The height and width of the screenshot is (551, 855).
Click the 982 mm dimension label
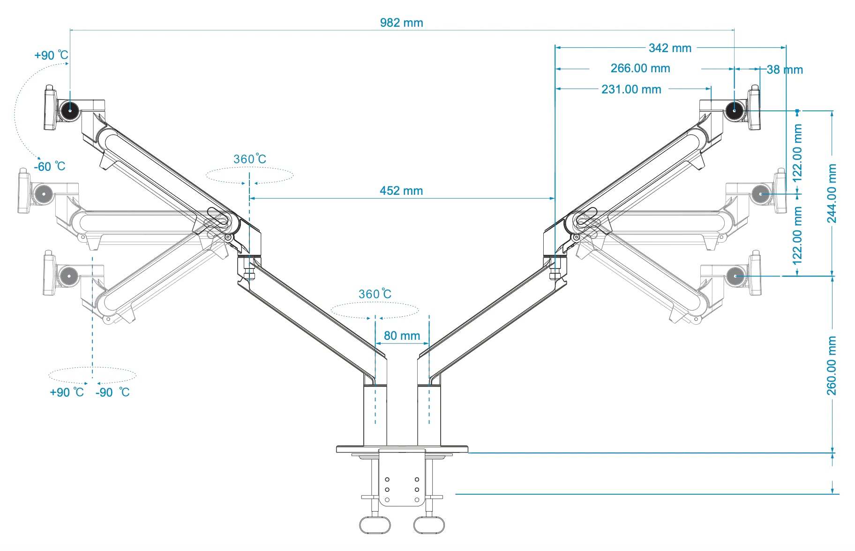coord(401,23)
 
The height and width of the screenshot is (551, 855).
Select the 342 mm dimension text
coord(670,48)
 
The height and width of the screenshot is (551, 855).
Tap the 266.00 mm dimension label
coord(640,69)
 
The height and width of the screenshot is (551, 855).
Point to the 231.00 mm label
coord(631,89)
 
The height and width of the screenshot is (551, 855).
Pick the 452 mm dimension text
coord(401,191)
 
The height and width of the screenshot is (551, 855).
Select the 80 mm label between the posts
coord(402,336)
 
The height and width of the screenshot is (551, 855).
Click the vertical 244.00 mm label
coord(831,193)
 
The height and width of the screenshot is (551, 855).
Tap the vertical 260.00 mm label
coord(831,366)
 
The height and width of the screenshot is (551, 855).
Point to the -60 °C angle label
coord(49,167)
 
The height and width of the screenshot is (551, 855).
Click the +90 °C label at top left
coord(51,55)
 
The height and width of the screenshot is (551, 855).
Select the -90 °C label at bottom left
coord(112,392)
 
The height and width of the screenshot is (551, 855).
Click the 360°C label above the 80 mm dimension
coord(375,294)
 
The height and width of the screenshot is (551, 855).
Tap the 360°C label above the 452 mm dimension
coord(249,159)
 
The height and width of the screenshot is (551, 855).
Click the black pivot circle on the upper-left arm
coord(70,111)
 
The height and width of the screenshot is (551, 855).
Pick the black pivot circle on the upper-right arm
coord(734,111)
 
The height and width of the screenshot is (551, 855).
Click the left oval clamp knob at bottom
coord(375,525)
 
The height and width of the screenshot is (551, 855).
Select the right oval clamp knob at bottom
coord(428,525)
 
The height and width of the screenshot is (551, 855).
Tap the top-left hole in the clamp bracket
coord(387,480)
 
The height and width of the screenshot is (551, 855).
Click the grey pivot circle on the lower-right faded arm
coord(735,276)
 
